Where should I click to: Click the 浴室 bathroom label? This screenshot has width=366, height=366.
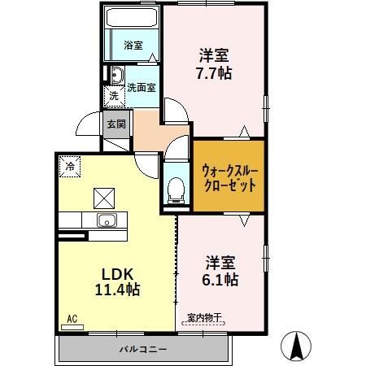(x=133, y=46)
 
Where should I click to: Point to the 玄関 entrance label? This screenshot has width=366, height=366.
(x=115, y=124)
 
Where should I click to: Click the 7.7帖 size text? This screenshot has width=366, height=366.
(x=215, y=72)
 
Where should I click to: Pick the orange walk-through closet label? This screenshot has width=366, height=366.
(x=229, y=176)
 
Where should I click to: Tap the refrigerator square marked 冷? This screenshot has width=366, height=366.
(x=71, y=166)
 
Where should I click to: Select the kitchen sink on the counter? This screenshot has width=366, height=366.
(x=107, y=220)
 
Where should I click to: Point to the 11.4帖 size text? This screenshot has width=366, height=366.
(x=116, y=289)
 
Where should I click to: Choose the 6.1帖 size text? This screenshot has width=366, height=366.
(x=220, y=279)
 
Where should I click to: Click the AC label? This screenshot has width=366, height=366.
(x=72, y=318)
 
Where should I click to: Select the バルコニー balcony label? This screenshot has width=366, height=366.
(x=143, y=349)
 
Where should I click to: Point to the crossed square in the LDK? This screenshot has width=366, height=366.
(x=103, y=198)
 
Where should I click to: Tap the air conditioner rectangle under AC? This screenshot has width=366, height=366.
(x=72, y=327)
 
